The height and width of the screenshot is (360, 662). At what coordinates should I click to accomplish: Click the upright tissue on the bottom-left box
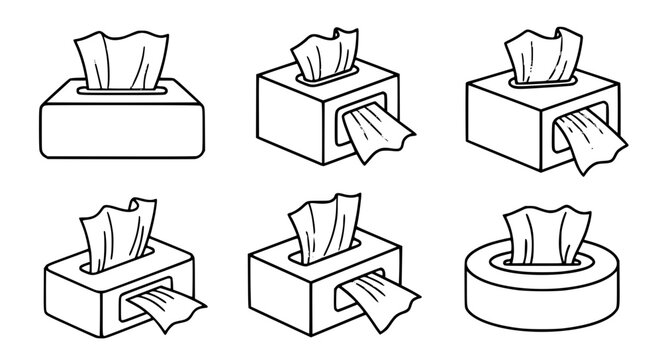click(110, 240)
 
